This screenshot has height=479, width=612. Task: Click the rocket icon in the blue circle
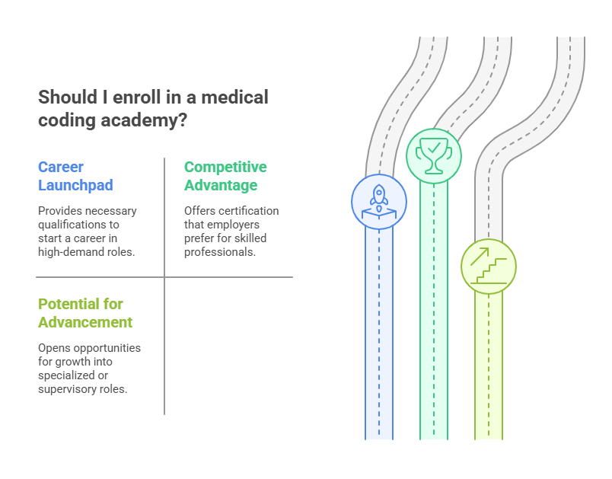pos(379,201)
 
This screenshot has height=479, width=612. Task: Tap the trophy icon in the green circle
pos(434,156)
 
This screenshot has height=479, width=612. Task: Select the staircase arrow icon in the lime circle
pos(489,266)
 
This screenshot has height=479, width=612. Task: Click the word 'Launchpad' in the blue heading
pos(76,185)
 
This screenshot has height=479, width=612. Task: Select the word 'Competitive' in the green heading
pos(225,167)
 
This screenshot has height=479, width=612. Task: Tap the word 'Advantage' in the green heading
pos(221,185)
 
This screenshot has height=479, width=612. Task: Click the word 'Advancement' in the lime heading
pos(85,322)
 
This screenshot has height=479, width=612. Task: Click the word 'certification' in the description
pos(249,211)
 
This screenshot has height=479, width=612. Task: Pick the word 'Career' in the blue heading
pos(61,167)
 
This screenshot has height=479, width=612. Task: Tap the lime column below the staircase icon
pos(489,366)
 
